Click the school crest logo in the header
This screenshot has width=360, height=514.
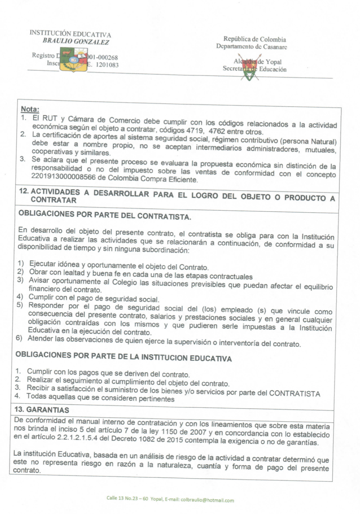click(73, 60)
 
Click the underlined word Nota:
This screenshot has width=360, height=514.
click(30, 109)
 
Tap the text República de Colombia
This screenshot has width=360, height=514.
click(254, 39)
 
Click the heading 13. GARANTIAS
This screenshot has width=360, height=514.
click(42, 410)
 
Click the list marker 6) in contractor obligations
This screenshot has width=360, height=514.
click(19, 338)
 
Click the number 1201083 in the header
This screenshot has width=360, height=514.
click(107, 65)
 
